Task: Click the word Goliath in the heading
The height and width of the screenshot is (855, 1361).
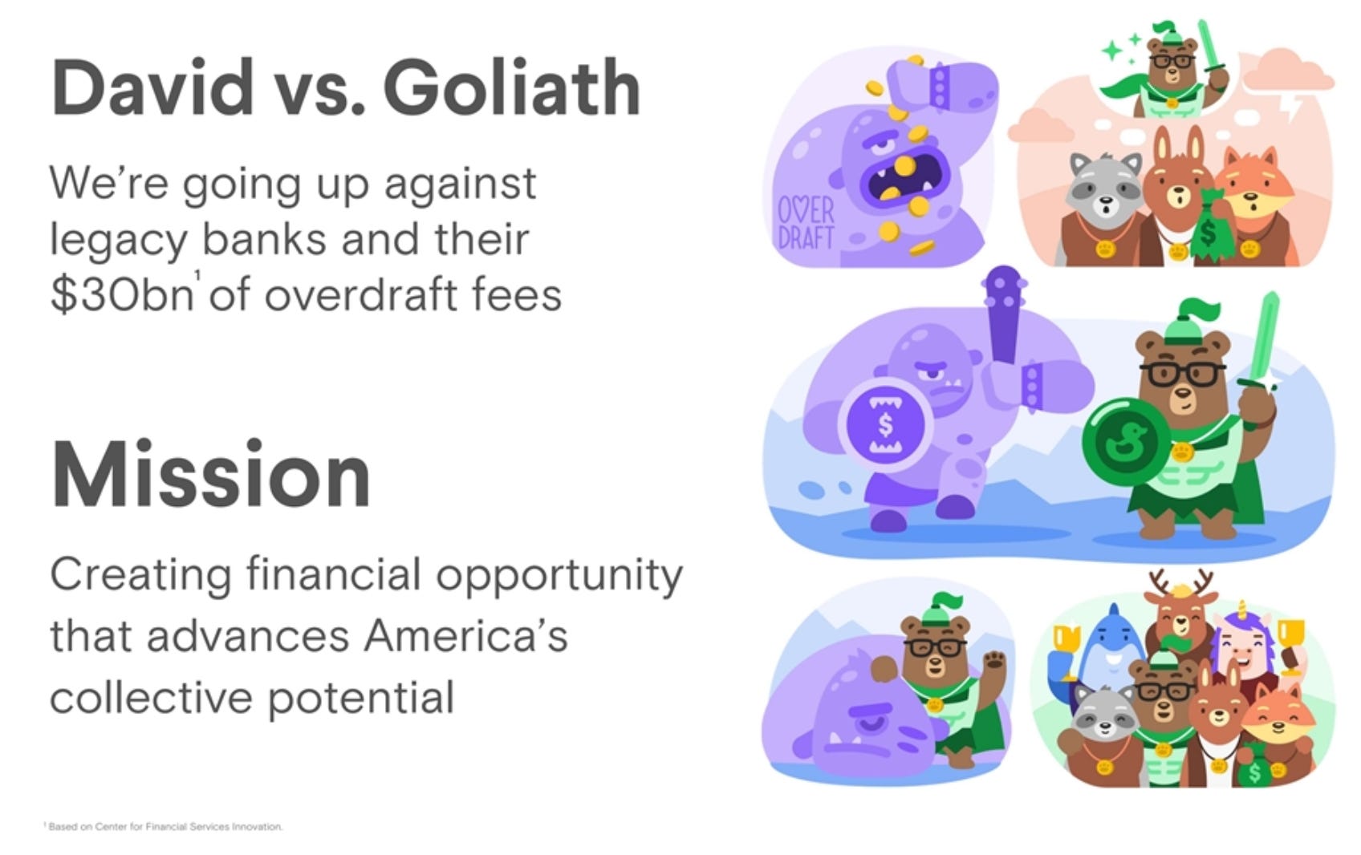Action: [x=511, y=88]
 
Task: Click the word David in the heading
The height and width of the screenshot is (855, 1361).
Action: [x=152, y=88]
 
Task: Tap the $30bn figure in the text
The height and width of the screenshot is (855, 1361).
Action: [x=120, y=295]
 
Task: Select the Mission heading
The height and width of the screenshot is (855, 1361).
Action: [x=211, y=475]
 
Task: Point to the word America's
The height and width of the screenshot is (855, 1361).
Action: [x=465, y=636]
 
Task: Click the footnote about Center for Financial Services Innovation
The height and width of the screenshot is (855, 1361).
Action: [x=165, y=826]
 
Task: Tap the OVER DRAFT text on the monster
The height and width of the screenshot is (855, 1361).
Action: [x=805, y=224]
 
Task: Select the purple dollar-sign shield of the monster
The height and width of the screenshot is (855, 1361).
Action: [x=884, y=424]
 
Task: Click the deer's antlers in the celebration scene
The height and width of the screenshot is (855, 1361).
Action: [x=1180, y=581]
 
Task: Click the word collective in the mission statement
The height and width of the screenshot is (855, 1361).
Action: [x=151, y=698]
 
